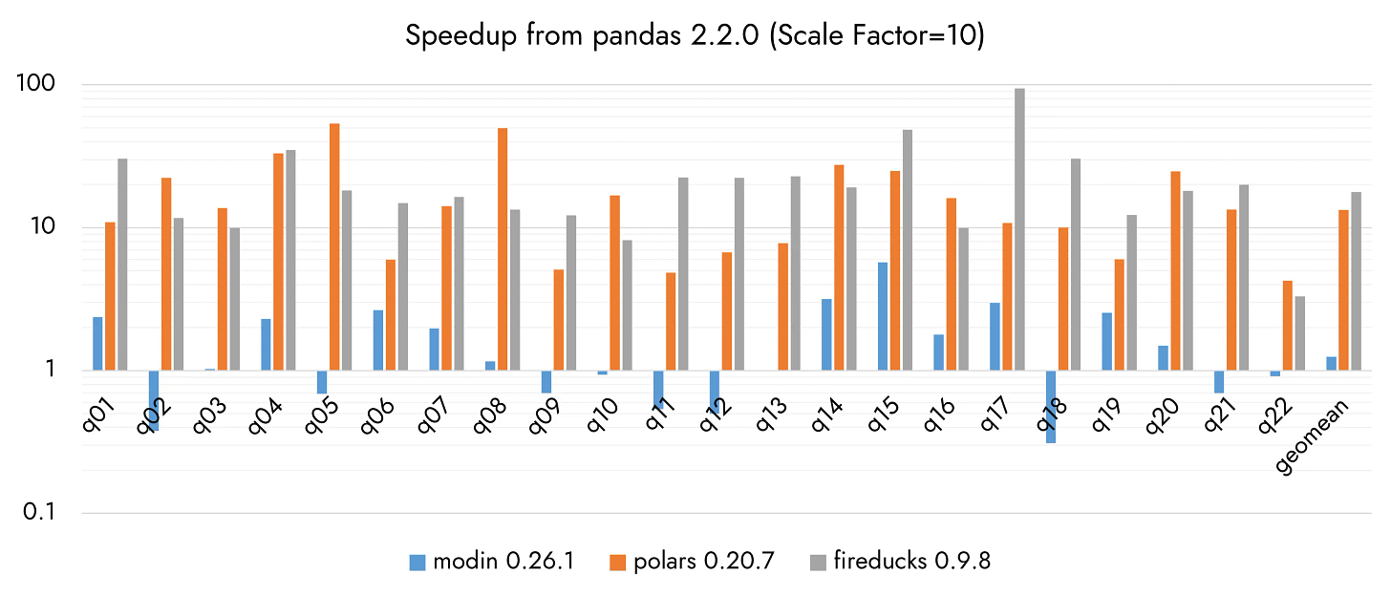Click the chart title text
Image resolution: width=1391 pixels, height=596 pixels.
click(x=695, y=35)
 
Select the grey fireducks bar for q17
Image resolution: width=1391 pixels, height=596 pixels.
click(x=1019, y=229)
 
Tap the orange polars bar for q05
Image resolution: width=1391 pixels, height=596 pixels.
click(x=334, y=247)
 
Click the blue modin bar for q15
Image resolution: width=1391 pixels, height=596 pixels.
click(x=883, y=317)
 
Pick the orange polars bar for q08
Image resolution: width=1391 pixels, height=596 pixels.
click(x=503, y=249)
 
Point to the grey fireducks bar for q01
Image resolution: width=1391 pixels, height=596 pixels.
click(x=122, y=265)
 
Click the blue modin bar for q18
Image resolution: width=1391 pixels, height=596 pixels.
click(x=1051, y=407)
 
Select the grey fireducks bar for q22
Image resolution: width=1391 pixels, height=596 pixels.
click(x=1299, y=333)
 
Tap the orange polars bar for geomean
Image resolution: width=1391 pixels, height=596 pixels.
click(x=1344, y=290)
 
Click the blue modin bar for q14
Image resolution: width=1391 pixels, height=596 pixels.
click(x=826, y=334)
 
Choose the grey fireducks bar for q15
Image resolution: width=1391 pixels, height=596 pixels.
click(x=908, y=250)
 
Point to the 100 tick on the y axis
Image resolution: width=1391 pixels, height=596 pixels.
click(x=35, y=82)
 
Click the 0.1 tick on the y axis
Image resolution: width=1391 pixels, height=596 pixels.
click(x=38, y=512)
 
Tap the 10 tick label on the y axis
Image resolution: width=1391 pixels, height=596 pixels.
click(x=42, y=226)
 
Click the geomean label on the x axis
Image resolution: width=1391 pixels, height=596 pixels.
click(x=1312, y=436)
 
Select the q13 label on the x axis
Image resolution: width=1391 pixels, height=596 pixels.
click(x=771, y=415)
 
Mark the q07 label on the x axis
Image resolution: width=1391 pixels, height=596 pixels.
click(x=435, y=415)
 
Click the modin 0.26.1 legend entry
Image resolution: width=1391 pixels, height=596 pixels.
click(x=492, y=562)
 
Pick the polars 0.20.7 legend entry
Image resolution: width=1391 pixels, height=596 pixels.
click(x=693, y=562)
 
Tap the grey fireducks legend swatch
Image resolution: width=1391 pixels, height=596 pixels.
click(x=819, y=563)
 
